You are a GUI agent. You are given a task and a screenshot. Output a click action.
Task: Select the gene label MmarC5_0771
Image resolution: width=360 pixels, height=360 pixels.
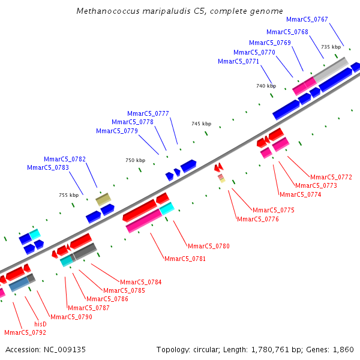pos(239,61)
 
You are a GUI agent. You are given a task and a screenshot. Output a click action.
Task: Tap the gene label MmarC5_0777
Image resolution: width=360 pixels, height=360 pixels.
pos(148,113)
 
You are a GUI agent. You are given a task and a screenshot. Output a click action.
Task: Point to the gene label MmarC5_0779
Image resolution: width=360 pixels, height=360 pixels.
pos(117,131)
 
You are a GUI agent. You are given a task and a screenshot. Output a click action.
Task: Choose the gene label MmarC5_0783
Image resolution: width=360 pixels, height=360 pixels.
pos(48,167)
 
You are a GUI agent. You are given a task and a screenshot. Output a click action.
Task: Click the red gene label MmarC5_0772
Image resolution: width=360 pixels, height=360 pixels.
pos(331,177)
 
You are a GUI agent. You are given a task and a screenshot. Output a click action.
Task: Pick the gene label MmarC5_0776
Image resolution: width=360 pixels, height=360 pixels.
pos(258,219)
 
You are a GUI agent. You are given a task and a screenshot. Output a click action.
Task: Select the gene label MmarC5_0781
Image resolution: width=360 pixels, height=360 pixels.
pos(185,259)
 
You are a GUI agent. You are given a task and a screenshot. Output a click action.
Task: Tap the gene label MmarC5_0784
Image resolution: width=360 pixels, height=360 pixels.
pos(141,282)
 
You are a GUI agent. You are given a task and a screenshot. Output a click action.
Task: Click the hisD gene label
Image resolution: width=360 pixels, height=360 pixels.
pos(40,323)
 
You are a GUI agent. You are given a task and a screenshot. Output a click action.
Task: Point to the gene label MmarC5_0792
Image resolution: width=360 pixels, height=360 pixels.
pos(25,332)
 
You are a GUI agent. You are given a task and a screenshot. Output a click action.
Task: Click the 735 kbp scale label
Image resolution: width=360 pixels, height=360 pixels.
pos(331,47)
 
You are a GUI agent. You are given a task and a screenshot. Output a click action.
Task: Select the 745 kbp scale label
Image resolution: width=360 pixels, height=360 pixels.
pos(202,124)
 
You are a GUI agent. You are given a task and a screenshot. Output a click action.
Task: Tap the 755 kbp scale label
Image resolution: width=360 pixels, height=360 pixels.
pos(69,195)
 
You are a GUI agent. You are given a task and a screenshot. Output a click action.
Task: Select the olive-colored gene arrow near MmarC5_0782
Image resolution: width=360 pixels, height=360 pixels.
pos(103,199)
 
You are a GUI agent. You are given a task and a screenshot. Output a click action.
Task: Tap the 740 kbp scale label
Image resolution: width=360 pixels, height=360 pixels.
pos(266,86)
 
